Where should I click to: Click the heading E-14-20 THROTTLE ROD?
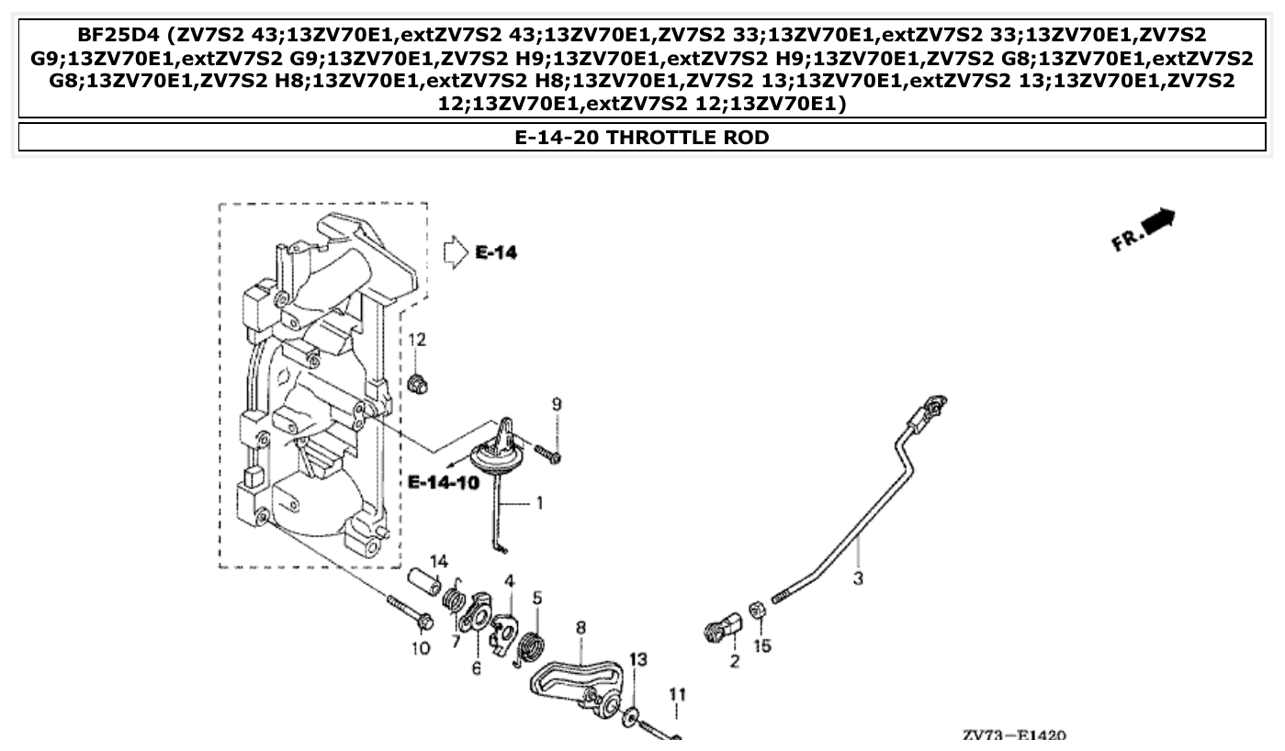point(641,138)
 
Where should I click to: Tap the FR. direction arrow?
point(1144,230)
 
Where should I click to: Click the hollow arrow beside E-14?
point(455,252)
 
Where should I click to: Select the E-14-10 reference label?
point(444,482)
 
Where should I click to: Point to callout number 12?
point(417,341)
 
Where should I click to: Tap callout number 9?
point(556,404)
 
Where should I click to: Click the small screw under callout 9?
point(549,454)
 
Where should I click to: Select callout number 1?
point(539,503)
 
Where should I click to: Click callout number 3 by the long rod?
point(858,578)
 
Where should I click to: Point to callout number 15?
point(761,646)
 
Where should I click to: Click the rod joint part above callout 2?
point(724,629)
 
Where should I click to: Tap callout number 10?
point(420,649)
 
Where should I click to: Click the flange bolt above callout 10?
point(408,613)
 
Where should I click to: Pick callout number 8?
point(581,627)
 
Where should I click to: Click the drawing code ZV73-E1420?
point(1014,736)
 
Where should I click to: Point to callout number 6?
point(476,668)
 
